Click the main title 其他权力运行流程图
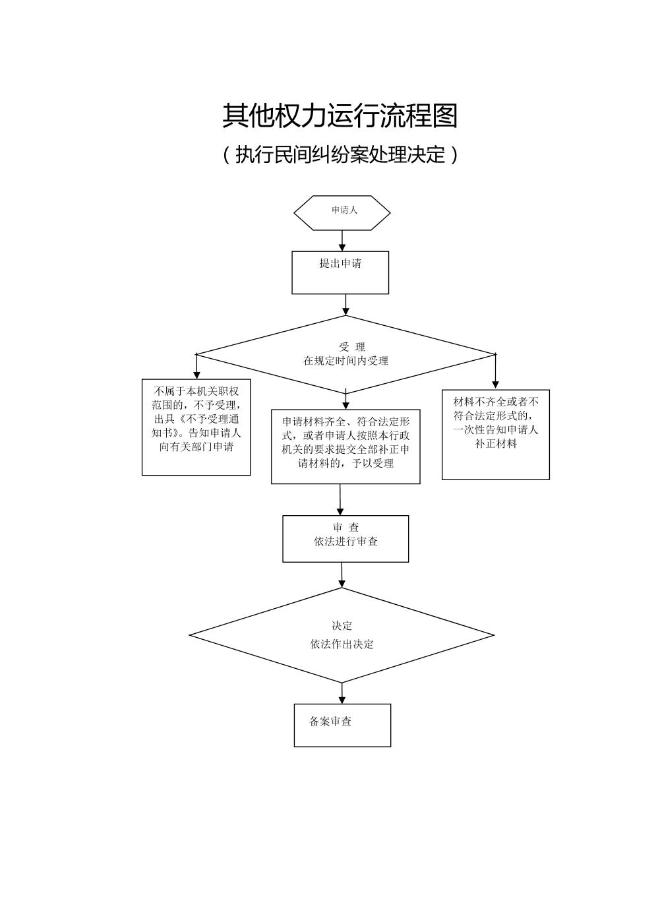pos(340,116)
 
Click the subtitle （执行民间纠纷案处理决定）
pos(340,155)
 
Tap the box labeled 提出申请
pos(340,272)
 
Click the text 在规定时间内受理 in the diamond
pos(345,361)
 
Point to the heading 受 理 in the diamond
pos(351,347)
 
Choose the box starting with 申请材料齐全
pos(345,447)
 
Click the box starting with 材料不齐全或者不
pos(496,434)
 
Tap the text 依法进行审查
pos(345,542)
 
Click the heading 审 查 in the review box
pos(345,528)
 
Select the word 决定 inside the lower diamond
pos(342,626)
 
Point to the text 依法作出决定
pos(342,644)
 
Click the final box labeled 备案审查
pos(342,725)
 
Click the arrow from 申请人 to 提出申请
pos(342,241)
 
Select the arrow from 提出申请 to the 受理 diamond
pos(345,305)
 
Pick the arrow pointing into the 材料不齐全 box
pos(495,373)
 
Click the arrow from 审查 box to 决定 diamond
pos(342,575)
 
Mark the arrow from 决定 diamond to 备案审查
pos(342,693)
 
